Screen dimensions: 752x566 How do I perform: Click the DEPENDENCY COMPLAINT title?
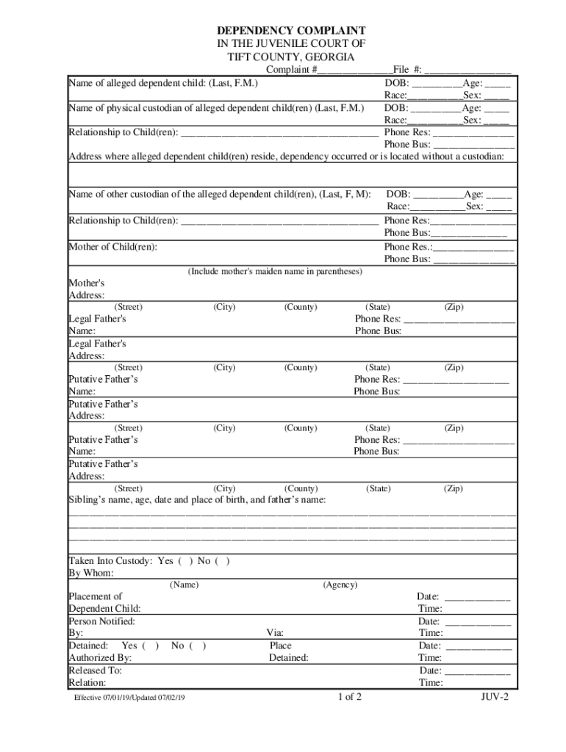(290, 30)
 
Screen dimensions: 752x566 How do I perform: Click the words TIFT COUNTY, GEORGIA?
(290, 57)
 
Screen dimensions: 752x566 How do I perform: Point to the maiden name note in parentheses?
(275, 272)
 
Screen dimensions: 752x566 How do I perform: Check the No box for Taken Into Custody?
(223, 561)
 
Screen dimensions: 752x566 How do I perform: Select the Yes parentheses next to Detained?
(152, 646)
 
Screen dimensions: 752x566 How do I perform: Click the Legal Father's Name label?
(97, 325)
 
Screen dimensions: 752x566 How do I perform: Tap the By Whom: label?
(91, 573)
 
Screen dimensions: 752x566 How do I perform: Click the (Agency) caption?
(340, 585)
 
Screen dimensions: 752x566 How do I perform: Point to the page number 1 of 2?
(349, 697)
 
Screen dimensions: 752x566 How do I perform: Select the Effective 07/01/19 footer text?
(129, 698)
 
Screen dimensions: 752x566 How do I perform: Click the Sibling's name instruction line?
(197, 500)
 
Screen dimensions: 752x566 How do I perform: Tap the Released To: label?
(96, 670)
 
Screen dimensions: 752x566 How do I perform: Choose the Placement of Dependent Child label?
(104, 603)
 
